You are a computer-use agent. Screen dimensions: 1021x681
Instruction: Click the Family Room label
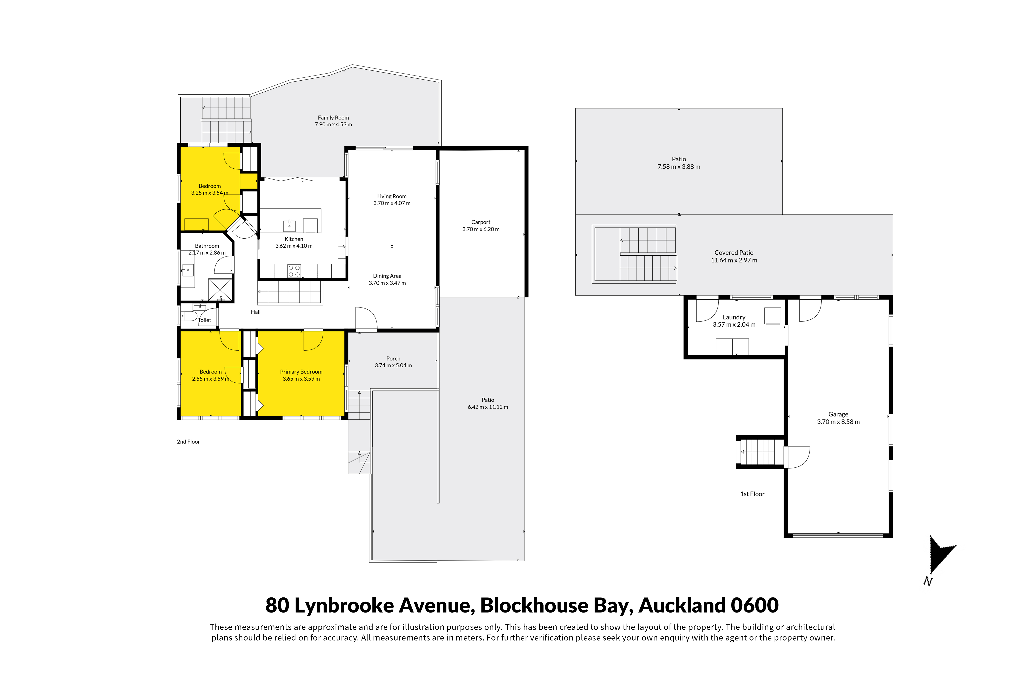coord(333,118)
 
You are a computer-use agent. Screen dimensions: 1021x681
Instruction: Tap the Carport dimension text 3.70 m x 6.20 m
coord(481,229)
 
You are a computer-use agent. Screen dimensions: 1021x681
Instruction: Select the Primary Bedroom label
coord(301,372)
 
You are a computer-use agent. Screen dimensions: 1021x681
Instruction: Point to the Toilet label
coord(204,320)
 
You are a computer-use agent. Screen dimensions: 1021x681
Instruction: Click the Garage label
coord(838,414)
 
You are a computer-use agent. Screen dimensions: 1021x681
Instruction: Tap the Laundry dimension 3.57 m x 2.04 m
coord(734,324)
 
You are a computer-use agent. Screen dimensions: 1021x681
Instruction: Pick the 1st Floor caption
coord(752,494)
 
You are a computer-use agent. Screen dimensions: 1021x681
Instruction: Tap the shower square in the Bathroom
coord(220,290)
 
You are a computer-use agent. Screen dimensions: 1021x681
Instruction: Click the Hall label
coord(256,312)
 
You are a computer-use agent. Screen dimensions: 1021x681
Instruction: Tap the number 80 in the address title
coord(277,605)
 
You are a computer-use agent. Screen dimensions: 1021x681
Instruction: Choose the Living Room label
coord(392,196)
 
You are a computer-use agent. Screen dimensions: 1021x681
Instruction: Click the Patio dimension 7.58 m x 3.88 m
coord(679,167)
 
